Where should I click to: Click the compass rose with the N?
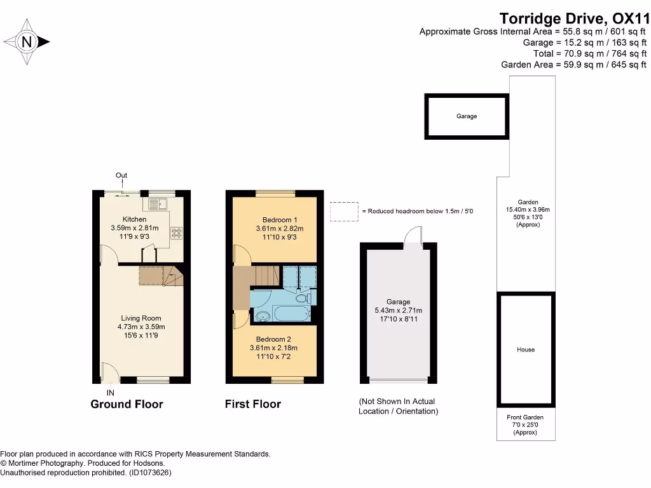point(27,42)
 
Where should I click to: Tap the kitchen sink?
point(156,204)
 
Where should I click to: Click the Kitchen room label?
point(134,219)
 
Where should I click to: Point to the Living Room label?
point(142,318)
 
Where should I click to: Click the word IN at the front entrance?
point(111,393)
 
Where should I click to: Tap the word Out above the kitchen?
point(121,175)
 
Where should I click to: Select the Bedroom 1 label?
point(279,220)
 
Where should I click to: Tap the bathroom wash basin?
point(261,315)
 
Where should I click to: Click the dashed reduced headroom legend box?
point(344,212)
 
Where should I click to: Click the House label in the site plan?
point(526,349)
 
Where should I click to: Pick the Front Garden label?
point(525,417)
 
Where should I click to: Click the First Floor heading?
point(252,404)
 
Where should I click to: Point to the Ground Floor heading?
point(127,404)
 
